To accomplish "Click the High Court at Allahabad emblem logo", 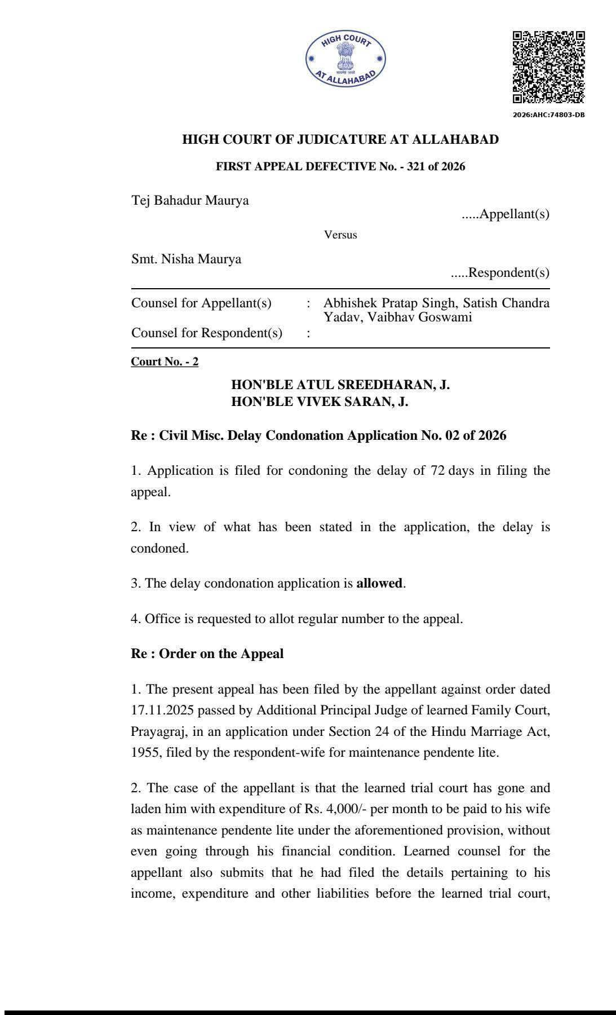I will tap(346, 59).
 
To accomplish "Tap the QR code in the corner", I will tap(548, 67).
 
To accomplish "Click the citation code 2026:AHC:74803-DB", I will tap(548, 115).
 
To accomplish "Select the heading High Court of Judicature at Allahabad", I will tap(340, 139).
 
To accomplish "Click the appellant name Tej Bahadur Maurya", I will tap(190, 200).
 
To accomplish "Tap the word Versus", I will tap(340, 235).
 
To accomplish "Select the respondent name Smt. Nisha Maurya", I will tap(186, 259).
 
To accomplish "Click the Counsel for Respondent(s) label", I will tap(207, 333).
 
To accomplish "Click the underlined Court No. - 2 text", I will tap(165, 361).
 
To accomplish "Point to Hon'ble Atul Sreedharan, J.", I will tap(340, 385).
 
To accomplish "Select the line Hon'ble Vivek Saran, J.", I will tap(320, 401).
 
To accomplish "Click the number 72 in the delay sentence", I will tap(438, 470).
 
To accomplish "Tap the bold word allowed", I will tap(379, 583).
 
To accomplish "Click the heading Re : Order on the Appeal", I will tap(207, 654).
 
